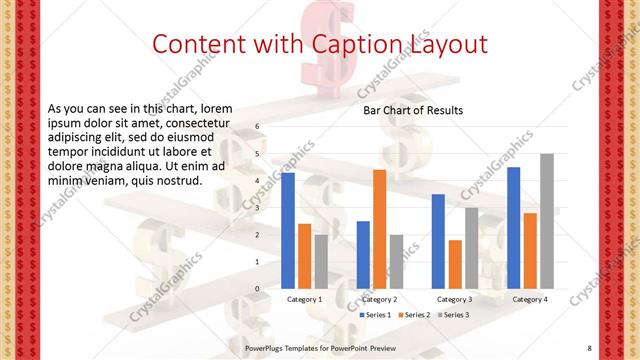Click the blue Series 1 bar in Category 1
pyautogui.click(x=288, y=230)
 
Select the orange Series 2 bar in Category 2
pyautogui.click(x=379, y=229)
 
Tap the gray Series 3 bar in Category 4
pyautogui.click(x=546, y=221)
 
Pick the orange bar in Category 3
pyautogui.click(x=455, y=264)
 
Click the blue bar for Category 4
pyautogui.click(x=514, y=227)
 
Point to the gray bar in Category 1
pyautogui.click(x=320, y=261)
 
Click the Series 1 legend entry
pyautogui.click(x=375, y=315)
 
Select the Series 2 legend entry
pyautogui.click(x=414, y=315)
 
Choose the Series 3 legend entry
pyautogui.click(x=452, y=315)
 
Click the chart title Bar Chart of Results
pyautogui.click(x=412, y=111)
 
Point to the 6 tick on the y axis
pyautogui.click(x=257, y=127)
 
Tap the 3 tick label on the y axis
pyautogui.click(x=257, y=208)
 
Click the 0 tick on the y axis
pyautogui.click(x=257, y=289)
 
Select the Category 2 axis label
pyautogui.click(x=379, y=299)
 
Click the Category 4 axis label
pyautogui.click(x=529, y=299)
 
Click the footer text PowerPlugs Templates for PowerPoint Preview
pyautogui.click(x=321, y=348)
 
